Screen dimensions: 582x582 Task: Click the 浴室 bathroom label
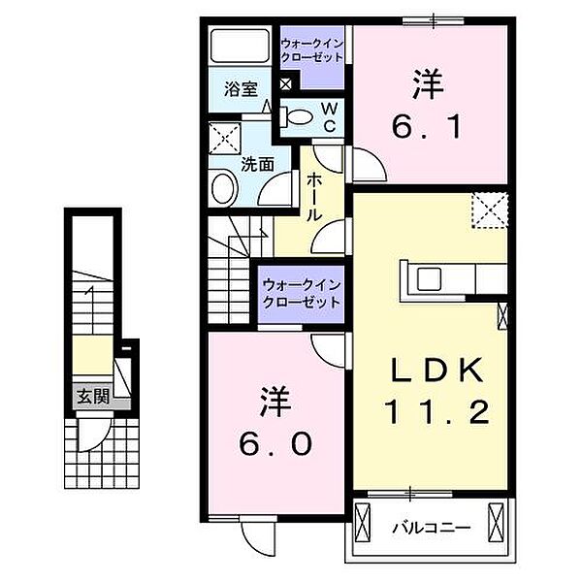[x=241, y=89]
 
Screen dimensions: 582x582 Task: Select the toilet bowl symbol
[x=299, y=117]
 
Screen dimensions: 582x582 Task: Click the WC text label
[x=330, y=118]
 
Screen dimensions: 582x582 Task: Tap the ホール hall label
[x=315, y=197]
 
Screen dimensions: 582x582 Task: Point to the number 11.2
[x=432, y=412]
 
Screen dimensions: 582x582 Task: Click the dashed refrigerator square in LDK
[x=489, y=210]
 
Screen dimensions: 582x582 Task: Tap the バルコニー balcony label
[x=431, y=529]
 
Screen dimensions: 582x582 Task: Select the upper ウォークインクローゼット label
[x=311, y=51]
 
